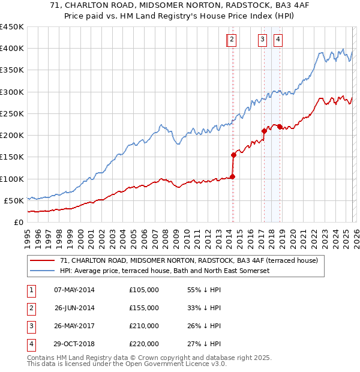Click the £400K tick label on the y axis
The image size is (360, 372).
[x=12, y=49]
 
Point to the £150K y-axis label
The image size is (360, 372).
[x=12, y=157]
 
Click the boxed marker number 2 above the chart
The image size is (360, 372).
[x=232, y=40]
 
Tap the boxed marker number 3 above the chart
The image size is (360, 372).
[x=263, y=40]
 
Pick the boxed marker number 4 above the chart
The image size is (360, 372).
[x=278, y=40]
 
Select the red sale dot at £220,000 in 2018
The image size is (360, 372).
[x=280, y=127]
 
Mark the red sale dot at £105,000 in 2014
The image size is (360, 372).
[x=232, y=176]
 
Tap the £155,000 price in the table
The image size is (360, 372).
[x=144, y=308]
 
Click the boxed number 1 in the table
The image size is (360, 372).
[x=31, y=290]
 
